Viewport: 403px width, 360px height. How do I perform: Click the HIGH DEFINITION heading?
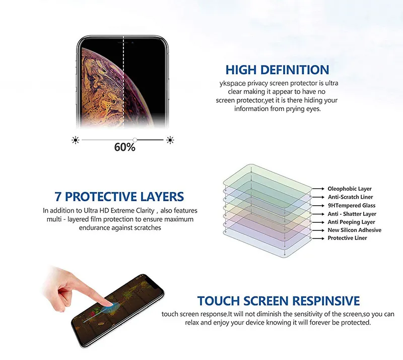point(278,70)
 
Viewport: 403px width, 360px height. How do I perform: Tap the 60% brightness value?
point(124,147)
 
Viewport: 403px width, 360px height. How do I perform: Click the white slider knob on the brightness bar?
point(135,140)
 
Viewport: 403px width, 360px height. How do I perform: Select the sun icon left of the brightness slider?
point(75,140)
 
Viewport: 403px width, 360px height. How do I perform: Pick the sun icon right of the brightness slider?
point(170,140)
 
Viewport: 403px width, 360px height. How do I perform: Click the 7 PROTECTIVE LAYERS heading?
point(119,197)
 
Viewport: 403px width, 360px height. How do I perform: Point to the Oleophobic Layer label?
point(350,189)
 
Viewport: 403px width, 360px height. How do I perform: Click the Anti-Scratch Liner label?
point(350,197)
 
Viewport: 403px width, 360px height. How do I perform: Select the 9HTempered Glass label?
point(352,206)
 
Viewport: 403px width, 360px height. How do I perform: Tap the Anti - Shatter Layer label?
point(352,214)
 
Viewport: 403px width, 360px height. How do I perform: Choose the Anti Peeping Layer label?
point(351,222)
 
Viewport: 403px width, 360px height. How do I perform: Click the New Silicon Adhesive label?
point(355,230)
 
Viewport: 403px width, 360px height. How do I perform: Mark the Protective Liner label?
point(347,238)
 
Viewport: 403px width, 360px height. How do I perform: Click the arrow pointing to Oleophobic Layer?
point(318,189)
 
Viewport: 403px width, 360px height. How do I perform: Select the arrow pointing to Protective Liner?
point(318,238)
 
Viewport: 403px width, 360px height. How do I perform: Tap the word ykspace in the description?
point(233,84)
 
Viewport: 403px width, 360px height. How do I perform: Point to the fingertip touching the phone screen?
point(108,305)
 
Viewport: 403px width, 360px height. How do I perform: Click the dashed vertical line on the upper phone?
point(123,82)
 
